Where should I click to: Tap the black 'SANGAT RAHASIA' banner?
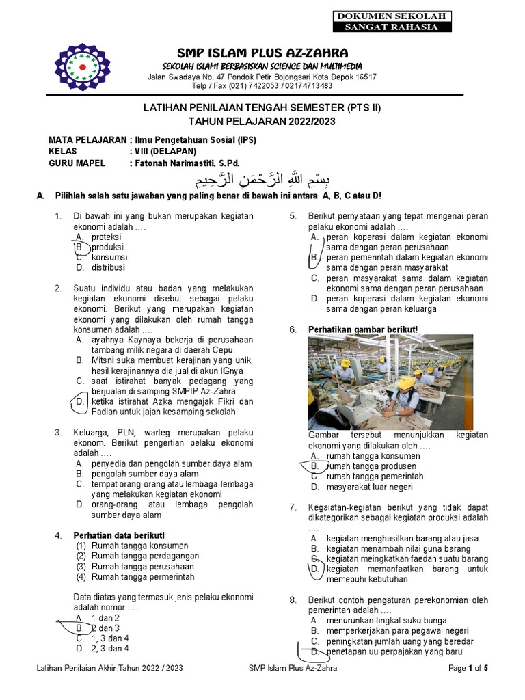[x=391, y=27]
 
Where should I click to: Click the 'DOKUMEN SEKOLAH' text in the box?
[x=391, y=16]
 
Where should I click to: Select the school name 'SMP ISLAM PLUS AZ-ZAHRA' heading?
[x=262, y=53]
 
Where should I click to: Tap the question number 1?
[x=58, y=216]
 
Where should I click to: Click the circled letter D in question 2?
[x=80, y=402]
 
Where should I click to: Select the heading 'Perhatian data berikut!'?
[x=119, y=535]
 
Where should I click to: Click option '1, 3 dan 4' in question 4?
[x=110, y=638]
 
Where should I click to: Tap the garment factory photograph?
[x=390, y=382]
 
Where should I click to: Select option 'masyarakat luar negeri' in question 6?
[x=369, y=487]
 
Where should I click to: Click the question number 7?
[x=293, y=507]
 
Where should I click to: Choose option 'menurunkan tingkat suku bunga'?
[x=386, y=621]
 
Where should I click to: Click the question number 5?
[x=293, y=216]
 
